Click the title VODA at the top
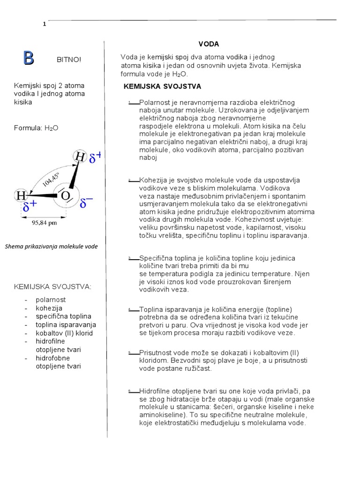pyautogui.click(x=209, y=44)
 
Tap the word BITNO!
pyautogui.click(x=68, y=60)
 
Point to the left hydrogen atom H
pyautogui.click(x=21, y=195)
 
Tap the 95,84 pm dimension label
pyautogui.click(x=44, y=223)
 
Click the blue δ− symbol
pyautogui.click(x=86, y=203)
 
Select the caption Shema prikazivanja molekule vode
pyautogui.click(x=51, y=247)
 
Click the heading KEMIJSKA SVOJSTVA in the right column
pyautogui.click(x=162, y=86)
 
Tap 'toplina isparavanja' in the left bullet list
pyautogui.click(x=66, y=325)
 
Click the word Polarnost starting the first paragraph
pyautogui.click(x=155, y=102)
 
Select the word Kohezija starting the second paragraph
pyautogui.click(x=154, y=180)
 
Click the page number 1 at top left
pyautogui.click(x=44, y=25)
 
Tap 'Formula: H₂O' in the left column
pyautogui.click(x=37, y=127)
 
